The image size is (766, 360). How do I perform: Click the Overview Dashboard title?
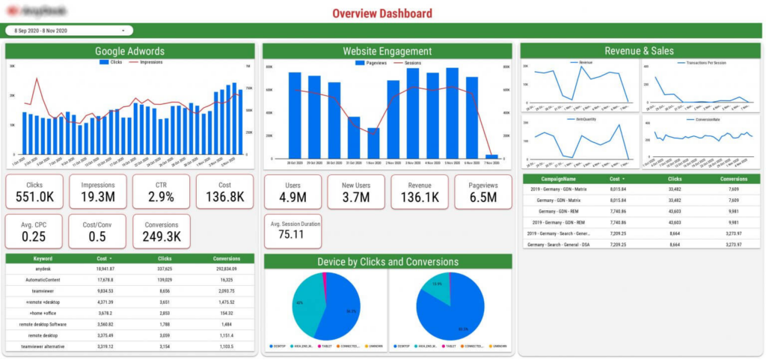click(x=382, y=13)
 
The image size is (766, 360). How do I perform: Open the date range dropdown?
click(x=70, y=31)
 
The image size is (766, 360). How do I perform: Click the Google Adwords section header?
click(x=129, y=52)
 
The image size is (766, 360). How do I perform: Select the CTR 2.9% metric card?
click(x=162, y=192)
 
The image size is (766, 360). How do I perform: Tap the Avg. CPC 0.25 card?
click(x=34, y=231)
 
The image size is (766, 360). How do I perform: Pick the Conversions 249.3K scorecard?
click(x=162, y=231)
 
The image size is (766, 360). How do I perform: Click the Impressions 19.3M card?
click(x=97, y=192)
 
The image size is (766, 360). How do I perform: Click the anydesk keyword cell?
click(x=37, y=268)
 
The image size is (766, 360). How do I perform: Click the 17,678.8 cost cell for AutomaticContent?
click(x=105, y=279)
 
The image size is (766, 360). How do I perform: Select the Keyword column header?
click(x=37, y=257)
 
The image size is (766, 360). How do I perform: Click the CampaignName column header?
click(x=560, y=180)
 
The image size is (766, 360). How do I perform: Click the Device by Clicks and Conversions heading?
click(x=387, y=261)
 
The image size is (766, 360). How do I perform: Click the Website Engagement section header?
click(x=387, y=52)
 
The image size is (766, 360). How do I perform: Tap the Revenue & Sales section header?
click(x=639, y=52)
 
